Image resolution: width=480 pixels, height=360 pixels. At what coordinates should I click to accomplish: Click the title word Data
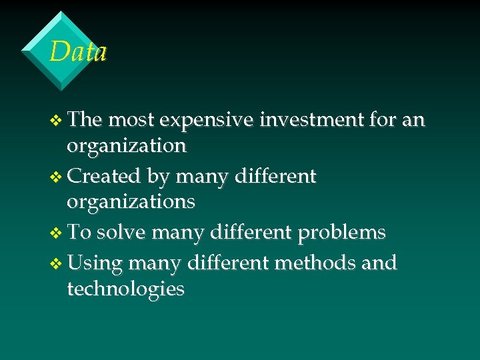click(79, 51)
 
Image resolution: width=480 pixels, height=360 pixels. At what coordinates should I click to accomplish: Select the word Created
click(104, 176)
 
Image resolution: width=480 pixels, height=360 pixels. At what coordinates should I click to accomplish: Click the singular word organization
click(127, 146)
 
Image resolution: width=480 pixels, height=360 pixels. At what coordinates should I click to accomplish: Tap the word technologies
click(125, 289)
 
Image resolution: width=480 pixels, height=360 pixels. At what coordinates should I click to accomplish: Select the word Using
click(95, 264)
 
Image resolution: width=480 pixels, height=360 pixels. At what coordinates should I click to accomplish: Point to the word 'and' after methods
click(380, 263)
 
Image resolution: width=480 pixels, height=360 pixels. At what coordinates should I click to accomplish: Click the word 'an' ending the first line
click(413, 120)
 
